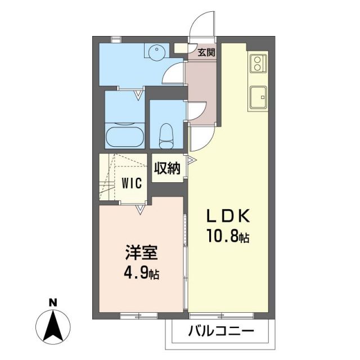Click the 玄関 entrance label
206,52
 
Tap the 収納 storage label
168,168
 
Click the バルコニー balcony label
222,330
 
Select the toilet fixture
166,134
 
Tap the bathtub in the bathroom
124,136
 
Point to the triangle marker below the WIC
141,210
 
